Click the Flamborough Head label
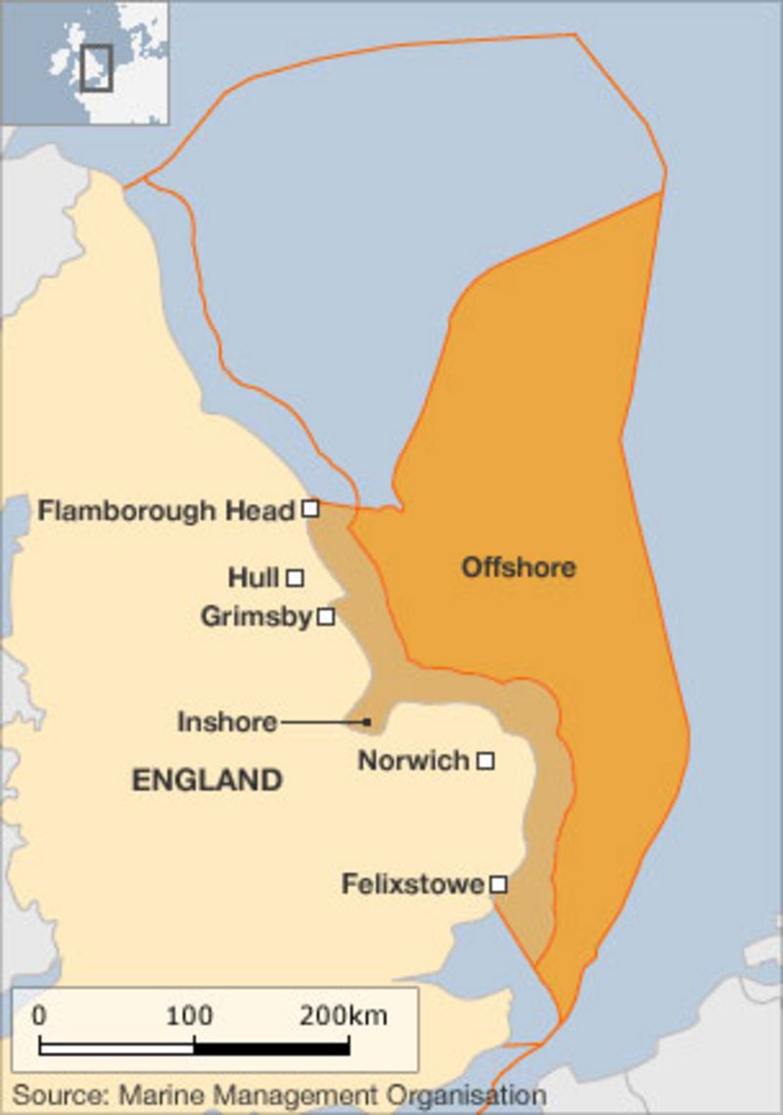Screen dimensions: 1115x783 pyautogui.click(x=165, y=510)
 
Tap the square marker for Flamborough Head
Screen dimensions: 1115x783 pyautogui.click(x=310, y=508)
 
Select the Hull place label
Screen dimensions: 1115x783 pyautogui.click(x=253, y=578)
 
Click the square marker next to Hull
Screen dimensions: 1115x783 pyautogui.click(x=295, y=578)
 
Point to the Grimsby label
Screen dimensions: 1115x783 pyautogui.click(x=255, y=617)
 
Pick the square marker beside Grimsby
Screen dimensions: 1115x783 pyautogui.click(x=326, y=617)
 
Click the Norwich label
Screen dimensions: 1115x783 pyautogui.click(x=413, y=761)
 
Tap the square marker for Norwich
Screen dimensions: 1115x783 pyautogui.click(x=484, y=761)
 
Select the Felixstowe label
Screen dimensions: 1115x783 pyautogui.click(x=412, y=884)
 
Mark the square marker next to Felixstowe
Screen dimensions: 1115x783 pyautogui.click(x=498, y=884)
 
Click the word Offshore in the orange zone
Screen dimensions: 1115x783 pyautogui.click(x=518, y=567)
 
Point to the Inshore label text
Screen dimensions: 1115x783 pyautogui.click(x=227, y=722)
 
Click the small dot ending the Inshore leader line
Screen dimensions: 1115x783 pyautogui.click(x=367, y=722)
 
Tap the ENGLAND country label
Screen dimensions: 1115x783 pyautogui.click(x=207, y=780)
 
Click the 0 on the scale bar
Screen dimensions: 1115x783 pyautogui.click(x=39, y=1015)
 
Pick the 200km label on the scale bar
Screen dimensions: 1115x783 pyautogui.click(x=343, y=1015)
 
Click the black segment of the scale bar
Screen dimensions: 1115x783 pyautogui.click(x=271, y=1047)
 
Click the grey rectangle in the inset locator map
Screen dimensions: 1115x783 pyautogui.click(x=96, y=67)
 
